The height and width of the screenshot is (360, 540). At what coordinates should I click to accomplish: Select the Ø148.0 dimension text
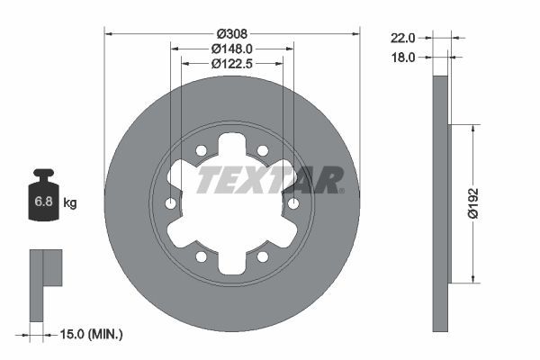[231, 49]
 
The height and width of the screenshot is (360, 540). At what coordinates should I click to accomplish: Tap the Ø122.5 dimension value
[231, 64]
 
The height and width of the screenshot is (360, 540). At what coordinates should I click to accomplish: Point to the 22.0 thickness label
[401, 39]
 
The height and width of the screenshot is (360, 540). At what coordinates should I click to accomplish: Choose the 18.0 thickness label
[401, 57]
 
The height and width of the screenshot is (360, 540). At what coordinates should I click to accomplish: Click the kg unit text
[70, 203]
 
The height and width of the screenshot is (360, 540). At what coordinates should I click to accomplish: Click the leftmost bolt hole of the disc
[171, 204]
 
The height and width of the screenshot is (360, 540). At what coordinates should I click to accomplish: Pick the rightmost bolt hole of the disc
[292, 204]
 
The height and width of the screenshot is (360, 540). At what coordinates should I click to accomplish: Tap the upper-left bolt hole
[202, 151]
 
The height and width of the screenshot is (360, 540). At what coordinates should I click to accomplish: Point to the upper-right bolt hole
[262, 151]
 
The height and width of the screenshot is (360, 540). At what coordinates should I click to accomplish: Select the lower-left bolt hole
[202, 257]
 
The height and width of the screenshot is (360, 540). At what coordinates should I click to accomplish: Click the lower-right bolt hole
[262, 257]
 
